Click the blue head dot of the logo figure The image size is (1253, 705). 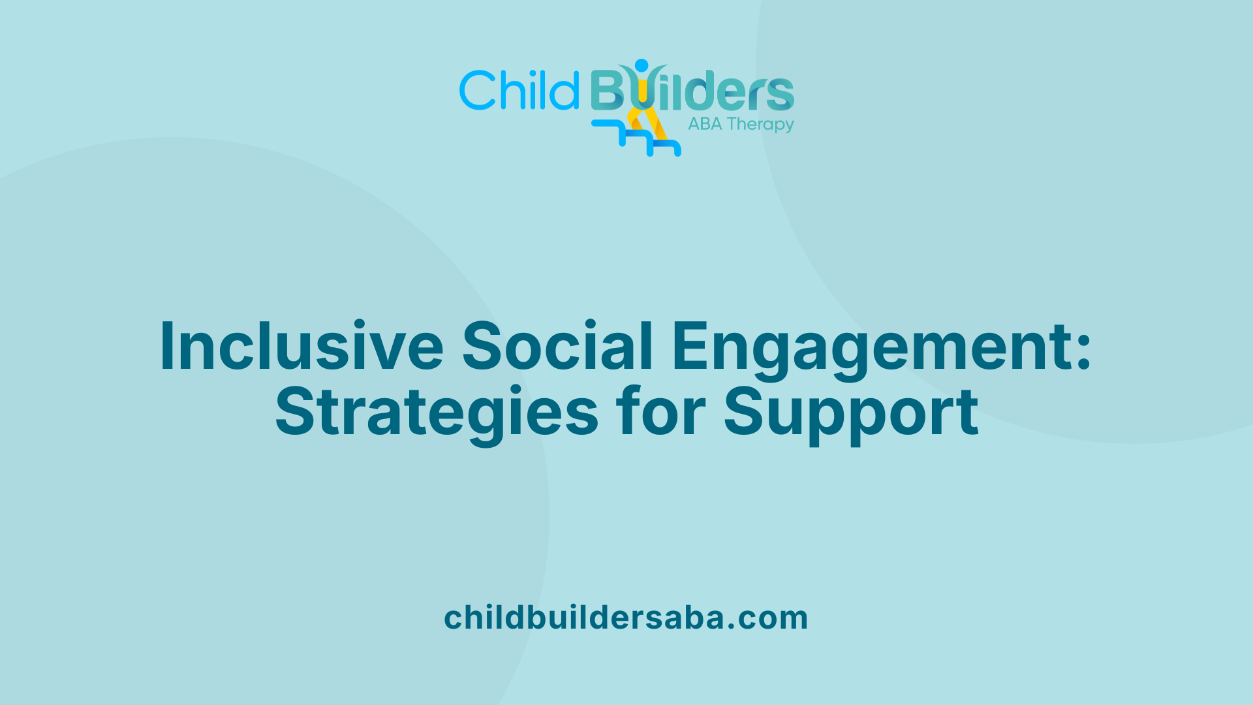642,65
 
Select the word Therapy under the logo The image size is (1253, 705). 760,125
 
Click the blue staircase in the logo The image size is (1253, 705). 636,138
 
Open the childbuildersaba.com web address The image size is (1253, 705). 626,618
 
